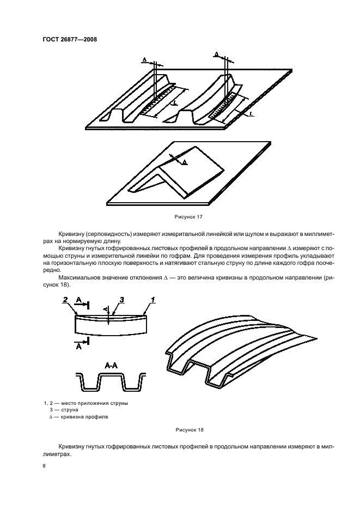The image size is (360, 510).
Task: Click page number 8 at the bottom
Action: (x=45, y=466)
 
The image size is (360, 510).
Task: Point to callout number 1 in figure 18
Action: (x=154, y=300)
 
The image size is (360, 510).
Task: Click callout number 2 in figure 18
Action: (x=65, y=300)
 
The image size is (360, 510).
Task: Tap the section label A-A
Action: (x=110, y=367)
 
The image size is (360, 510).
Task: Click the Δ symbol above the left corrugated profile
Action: (x=144, y=58)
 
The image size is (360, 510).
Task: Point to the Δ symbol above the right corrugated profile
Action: (x=216, y=54)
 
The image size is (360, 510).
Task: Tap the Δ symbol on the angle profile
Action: (x=184, y=162)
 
